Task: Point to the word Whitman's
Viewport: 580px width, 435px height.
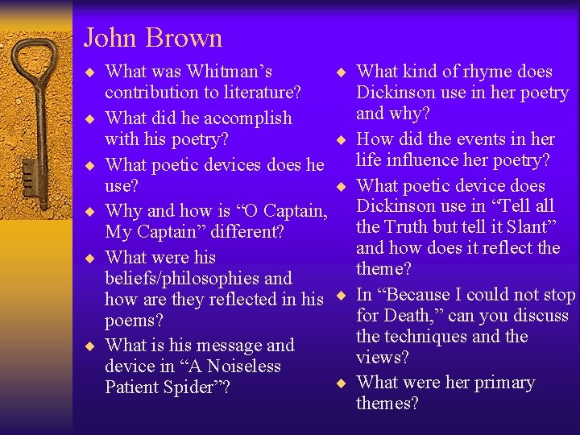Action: click(x=234, y=72)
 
